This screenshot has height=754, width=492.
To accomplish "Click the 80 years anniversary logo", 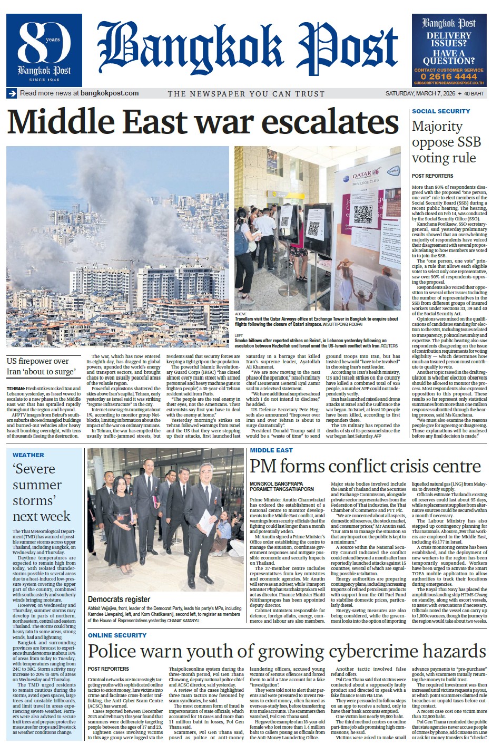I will coord(44,50).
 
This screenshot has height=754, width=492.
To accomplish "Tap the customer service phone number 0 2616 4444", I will coord(449,76).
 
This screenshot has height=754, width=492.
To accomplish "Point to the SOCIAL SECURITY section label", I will coord(440,111).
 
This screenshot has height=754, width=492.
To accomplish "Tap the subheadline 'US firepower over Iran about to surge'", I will coord(41,366).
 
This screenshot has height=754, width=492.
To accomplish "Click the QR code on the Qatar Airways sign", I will coord(363,214).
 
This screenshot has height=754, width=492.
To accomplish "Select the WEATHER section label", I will coord(28,455).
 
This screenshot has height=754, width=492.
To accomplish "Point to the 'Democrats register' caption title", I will coord(119,599).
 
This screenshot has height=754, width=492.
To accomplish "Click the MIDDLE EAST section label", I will coord(271,450).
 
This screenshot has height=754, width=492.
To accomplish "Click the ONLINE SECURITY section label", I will coord(117,635).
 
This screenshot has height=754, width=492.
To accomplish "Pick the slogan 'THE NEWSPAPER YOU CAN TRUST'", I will coord(246,94).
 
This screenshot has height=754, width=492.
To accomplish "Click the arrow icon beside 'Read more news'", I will coord(12,93).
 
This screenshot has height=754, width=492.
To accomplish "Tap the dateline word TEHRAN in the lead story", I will coord(16,388).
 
